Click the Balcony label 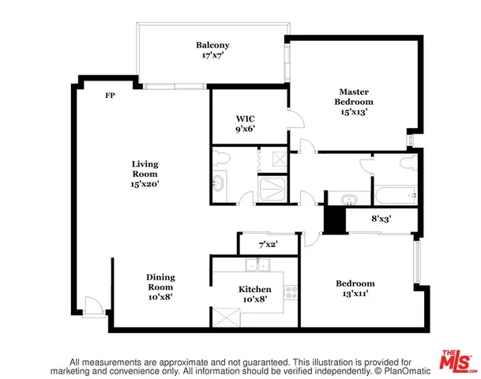tap(212, 45)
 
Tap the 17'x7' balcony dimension tap(212, 56)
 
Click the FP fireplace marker tap(111, 95)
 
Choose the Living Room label tap(145, 169)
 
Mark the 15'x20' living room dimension tap(145, 184)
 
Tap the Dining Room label tap(160, 283)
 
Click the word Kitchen tap(255, 290)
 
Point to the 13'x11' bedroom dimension tap(355, 294)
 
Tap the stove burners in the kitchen tap(291, 291)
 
